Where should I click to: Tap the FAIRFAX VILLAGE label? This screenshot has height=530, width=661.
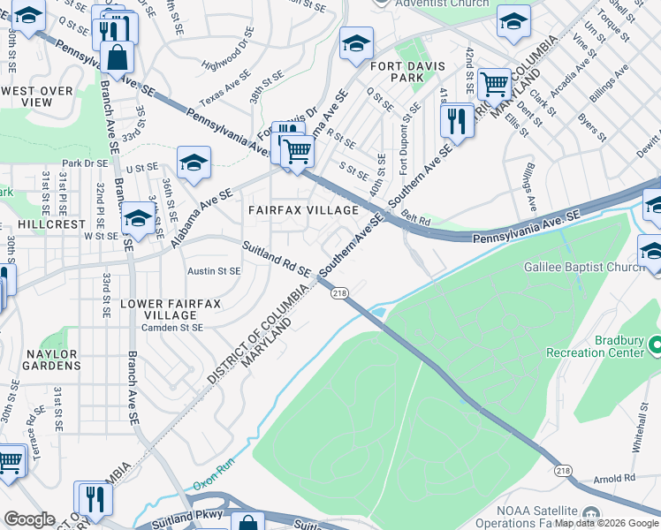coord(303,210)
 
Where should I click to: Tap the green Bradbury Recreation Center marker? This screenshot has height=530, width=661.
coord(654,342)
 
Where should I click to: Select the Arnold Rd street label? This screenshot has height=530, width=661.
coord(616,478)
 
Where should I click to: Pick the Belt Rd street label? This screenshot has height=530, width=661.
coord(414,217)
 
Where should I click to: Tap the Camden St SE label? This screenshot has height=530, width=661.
coord(173,327)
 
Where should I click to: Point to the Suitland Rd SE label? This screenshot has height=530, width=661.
coord(277,259)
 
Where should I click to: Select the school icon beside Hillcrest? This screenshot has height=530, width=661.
coord(137,218)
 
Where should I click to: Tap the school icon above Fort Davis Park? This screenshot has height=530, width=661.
coord(356,43)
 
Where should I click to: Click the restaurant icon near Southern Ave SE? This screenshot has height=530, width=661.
coord(457,120)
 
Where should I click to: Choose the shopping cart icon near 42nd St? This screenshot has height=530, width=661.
coord(494,85)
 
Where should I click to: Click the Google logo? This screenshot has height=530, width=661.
coord(28,519)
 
